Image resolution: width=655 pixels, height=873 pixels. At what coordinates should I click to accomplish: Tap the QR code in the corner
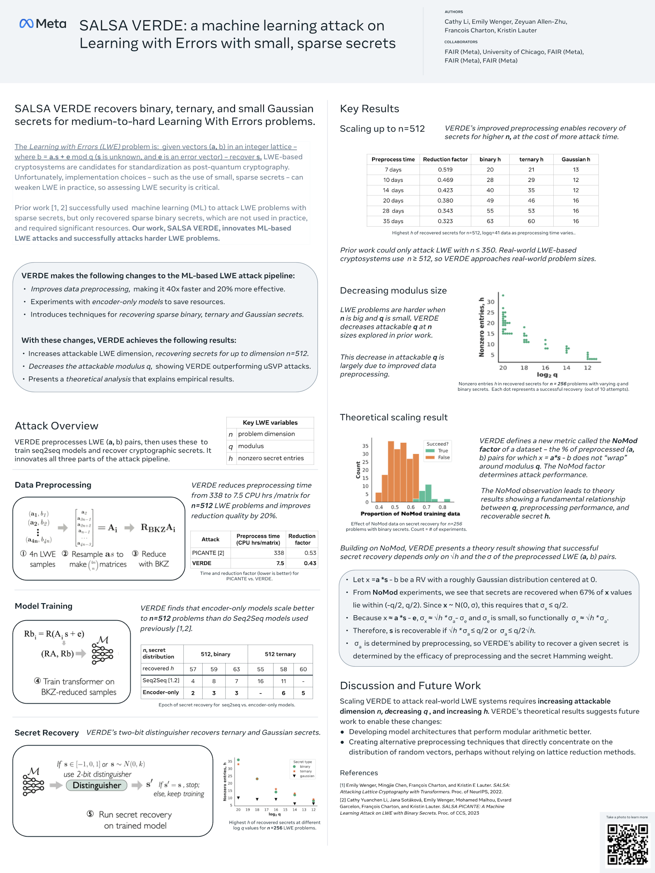(x=627, y=844)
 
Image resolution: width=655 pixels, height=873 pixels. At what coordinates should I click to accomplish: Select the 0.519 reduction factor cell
(x=445, y=170)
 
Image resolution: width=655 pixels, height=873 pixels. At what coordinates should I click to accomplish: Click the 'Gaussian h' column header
(x=575, y=159)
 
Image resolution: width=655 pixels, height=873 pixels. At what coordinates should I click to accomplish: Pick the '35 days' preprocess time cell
(x=392, y=221)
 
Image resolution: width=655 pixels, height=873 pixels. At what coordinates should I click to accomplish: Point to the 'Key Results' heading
(x=369, y=109)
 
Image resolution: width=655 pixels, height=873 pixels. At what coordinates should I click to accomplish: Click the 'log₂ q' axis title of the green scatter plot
(x=547, y=375)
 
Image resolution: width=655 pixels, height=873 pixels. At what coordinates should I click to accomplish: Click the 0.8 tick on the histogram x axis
(x=442, y=507)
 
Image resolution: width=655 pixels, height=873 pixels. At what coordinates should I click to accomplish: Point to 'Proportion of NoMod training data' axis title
(x=410, y=514)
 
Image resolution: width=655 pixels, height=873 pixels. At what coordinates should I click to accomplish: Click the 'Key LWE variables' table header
(x=270, y=422)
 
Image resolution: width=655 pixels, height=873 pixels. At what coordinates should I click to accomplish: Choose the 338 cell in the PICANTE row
(x=279, y=553)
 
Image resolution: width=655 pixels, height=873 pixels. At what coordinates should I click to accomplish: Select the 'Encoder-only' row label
(x=161, y=692)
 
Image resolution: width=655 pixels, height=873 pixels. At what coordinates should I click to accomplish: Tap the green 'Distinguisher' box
(x=97, y=785)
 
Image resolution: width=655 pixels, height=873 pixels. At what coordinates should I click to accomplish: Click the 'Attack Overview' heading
(x=56, y=426)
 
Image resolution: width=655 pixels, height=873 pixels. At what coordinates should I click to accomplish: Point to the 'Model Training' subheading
(x=43, y=606)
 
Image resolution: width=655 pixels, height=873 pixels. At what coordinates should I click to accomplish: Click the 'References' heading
(x=358, y=773)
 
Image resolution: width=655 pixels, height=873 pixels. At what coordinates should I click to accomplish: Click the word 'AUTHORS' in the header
(x=454, y=12)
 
